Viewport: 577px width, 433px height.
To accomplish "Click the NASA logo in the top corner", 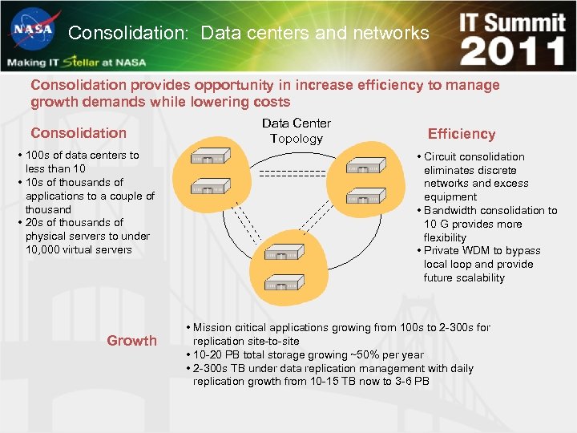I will coord(32,30).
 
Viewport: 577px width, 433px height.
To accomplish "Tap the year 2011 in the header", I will coord(513,51).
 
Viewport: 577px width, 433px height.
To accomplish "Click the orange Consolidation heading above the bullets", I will coord(79,133).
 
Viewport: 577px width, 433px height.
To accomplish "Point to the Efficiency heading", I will coord(462,134).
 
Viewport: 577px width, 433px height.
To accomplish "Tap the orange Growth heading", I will coord(132,341).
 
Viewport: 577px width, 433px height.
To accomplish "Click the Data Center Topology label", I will coord(297,131).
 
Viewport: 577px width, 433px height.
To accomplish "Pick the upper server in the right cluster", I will coord(365,167).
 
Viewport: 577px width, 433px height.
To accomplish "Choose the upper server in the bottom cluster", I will coord(284,252).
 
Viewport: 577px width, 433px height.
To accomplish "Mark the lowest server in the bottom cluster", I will coord(284,282).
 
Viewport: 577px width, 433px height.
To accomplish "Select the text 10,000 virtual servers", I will coord(79,249).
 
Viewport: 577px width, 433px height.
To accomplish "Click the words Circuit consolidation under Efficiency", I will coord(474,157).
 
